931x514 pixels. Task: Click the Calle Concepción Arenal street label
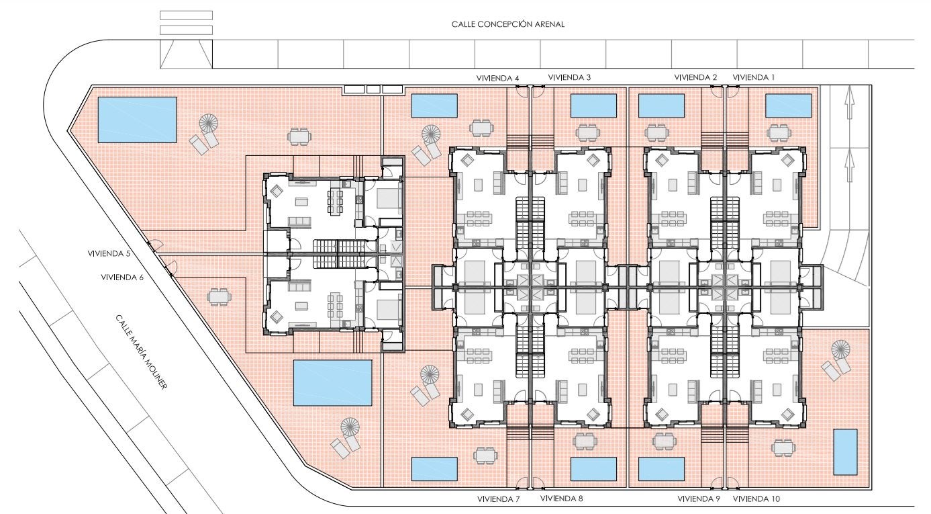point(508,24)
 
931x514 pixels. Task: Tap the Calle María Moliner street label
point(142,352)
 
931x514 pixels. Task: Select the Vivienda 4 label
point(497,78)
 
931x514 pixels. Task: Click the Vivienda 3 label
point(569,77)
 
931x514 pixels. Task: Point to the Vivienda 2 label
point(695,77)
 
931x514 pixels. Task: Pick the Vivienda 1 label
point(754,77)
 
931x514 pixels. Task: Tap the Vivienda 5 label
point(109,253)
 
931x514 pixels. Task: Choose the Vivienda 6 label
point(122,277)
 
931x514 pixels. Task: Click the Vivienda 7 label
point(498,499)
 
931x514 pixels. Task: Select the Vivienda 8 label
point(562,499)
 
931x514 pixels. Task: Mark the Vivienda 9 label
point(699,499)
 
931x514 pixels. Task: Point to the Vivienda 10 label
point(756,499)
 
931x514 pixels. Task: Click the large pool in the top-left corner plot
point(137,120)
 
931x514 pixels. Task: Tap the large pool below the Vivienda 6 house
point(332,383)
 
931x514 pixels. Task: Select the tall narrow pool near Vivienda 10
point(845,452)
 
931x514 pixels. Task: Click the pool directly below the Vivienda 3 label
point(593,105)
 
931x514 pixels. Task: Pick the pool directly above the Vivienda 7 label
point(434,469)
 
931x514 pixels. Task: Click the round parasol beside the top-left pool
point(208,123)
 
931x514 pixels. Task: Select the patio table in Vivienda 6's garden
point(219,297)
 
